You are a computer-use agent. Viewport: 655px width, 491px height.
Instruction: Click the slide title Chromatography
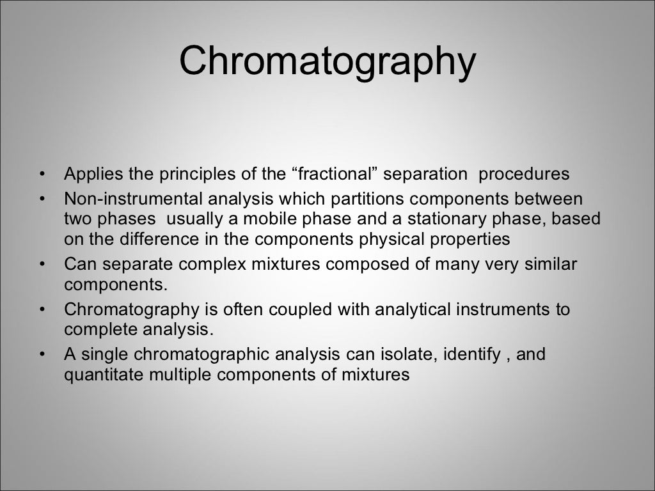click(x=327, y=63)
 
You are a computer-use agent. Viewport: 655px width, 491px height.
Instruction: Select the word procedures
click(x=524, y=174)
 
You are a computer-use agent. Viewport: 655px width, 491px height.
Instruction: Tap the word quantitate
click(x=104, y=375)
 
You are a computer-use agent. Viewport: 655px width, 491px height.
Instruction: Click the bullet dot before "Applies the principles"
click(x=42, y=175)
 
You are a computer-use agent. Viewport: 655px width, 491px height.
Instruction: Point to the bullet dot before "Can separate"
click(x=42, y=264)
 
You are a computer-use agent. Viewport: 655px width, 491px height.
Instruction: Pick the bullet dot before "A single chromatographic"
click(x=42, y=355)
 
